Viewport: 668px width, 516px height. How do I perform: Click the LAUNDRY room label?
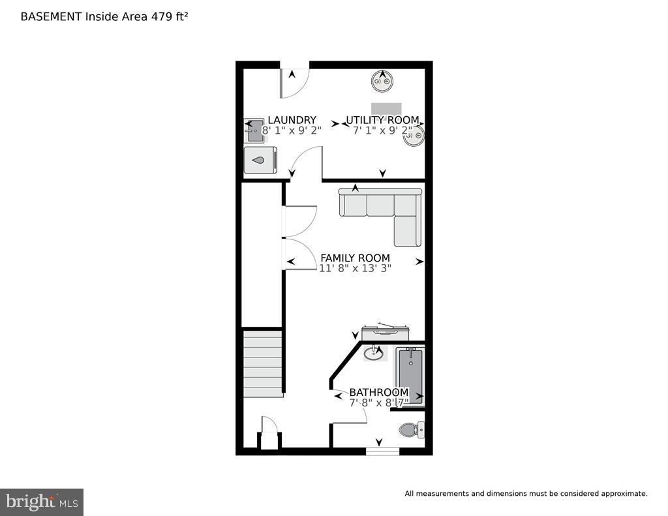click(x=292, y=120)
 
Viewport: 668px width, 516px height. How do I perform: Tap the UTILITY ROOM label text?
click(x=382, y=120)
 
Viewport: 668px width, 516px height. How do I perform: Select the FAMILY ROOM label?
click(x=355, y=258)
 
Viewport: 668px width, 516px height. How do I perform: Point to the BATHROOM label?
click(x=378, y=392)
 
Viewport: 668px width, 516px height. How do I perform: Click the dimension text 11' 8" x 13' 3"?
click(x=355, y=268)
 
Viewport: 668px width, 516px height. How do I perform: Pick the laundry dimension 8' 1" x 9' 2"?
click(x=292, y=130)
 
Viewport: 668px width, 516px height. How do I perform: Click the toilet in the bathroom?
click(x=410, y=429)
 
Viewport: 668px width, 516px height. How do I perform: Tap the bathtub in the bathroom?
click(x=410, y=377)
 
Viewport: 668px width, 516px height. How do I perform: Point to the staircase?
click(x=263, y=363)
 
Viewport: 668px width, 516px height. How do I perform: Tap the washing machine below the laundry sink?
click(x=260, y=160)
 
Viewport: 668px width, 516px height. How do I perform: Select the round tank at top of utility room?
click(x=382, y=82)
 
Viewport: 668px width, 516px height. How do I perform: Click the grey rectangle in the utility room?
click(x=386, y=108)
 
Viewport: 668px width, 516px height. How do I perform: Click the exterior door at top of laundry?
click(x=294, y=80)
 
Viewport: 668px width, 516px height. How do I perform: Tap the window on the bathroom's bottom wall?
click(x=382, y=450)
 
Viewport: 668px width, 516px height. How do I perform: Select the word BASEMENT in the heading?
click(x=52, y=16)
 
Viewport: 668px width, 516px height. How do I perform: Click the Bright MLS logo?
click(x=42, y=502)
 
